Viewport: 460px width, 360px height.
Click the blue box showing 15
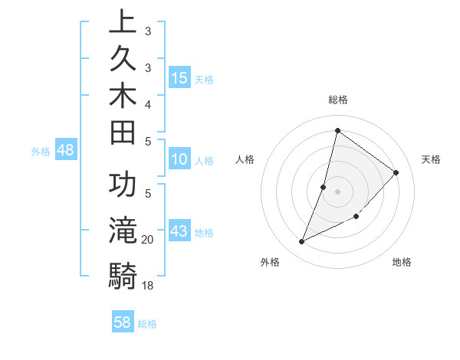179,78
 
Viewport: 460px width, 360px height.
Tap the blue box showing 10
179,160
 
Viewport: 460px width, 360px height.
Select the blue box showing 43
179,232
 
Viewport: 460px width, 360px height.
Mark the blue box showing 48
65,151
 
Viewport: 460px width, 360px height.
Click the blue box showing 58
123,322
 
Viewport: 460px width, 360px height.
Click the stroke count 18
147,286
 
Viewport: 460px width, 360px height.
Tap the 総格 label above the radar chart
337,100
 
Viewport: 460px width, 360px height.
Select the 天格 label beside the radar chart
432,159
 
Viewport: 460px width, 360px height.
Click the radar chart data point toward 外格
301,242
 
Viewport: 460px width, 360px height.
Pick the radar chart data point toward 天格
396,172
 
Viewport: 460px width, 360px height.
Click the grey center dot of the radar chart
337,191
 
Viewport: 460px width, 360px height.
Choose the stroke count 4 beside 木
147,103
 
